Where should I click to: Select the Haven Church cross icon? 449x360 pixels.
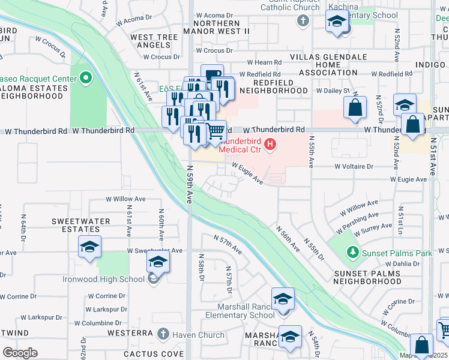click(163, 333)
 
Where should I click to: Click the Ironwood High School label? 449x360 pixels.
click(103, 278)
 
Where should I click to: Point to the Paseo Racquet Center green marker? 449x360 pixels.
click(85, 77)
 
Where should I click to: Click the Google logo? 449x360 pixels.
click(19, 352)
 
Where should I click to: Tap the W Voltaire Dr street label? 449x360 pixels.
click(354, 166)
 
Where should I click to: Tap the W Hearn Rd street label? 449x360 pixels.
click(264, 62)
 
